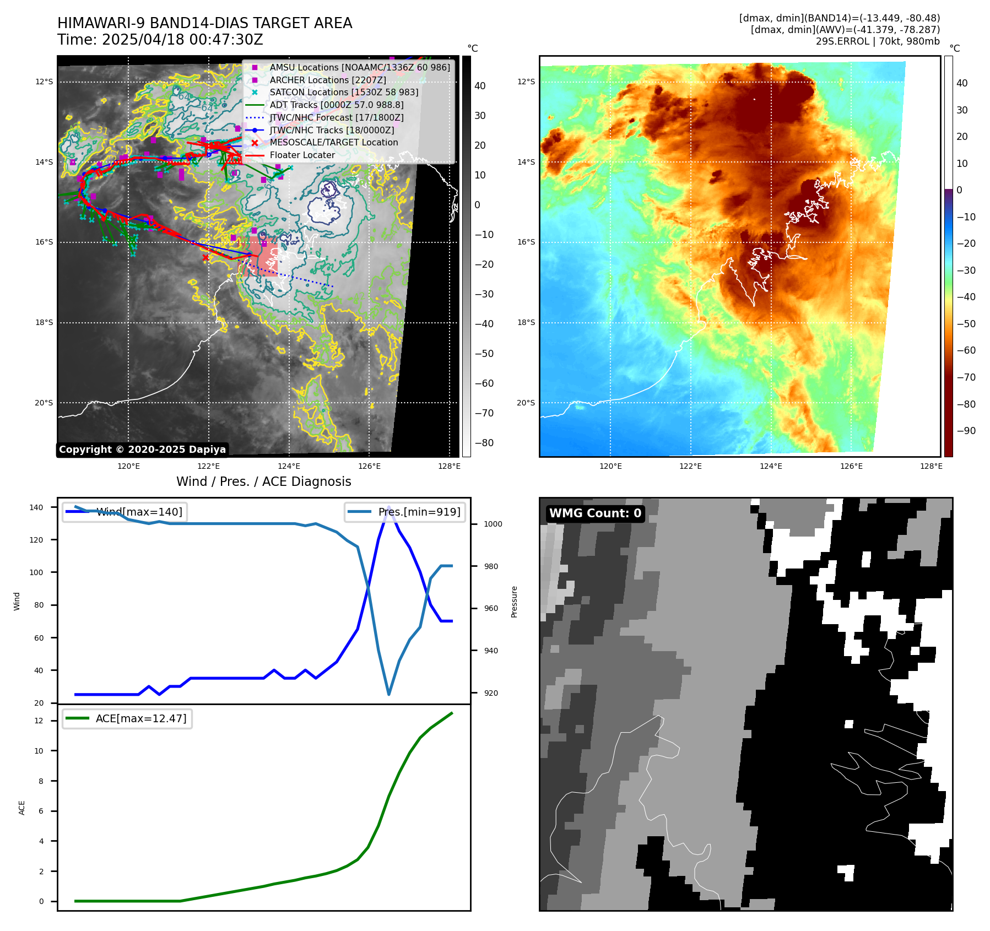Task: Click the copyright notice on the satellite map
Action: pos(142,450)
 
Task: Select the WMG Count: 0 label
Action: pos(595,513)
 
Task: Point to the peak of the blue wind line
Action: pos(389,507)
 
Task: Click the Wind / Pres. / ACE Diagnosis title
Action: pos(263,481)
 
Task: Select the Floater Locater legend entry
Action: pos(302,155)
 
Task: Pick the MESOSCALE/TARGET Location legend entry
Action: pos(333,143)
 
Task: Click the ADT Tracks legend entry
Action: pos(336,105)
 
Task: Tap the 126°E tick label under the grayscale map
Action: pos(369,467)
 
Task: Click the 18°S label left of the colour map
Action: pos(526,322)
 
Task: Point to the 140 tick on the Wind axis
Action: pos(36,507)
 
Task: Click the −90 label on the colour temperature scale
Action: pos(966,431)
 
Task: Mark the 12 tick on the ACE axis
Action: pos(39,721)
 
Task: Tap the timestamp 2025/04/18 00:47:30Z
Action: pos(182,40)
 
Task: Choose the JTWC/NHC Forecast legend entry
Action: pos(336,117)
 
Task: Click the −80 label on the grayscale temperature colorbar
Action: pos(484,443)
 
